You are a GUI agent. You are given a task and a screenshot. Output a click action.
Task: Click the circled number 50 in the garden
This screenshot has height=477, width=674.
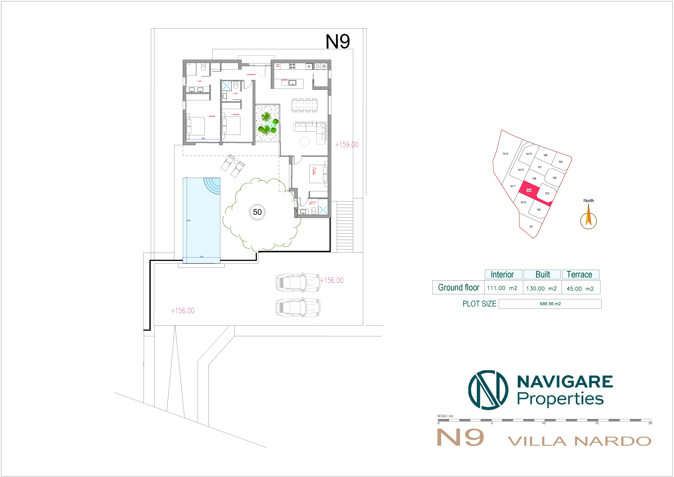(x=257, y=212)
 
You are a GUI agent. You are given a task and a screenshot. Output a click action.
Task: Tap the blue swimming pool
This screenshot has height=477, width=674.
(x=201, y=223)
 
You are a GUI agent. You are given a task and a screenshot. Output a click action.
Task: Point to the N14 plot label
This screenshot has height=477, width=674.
(x=505, y=154)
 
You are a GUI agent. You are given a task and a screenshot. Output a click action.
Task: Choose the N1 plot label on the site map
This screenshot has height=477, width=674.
(x=531, y=226)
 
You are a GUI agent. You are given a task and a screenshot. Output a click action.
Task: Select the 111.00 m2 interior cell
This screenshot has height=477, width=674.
(x=502, y=288)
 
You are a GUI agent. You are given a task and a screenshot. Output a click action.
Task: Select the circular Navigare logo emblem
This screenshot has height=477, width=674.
(x=488, y=390)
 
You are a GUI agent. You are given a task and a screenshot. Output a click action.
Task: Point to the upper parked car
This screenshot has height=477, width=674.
(x=298, y=283)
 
